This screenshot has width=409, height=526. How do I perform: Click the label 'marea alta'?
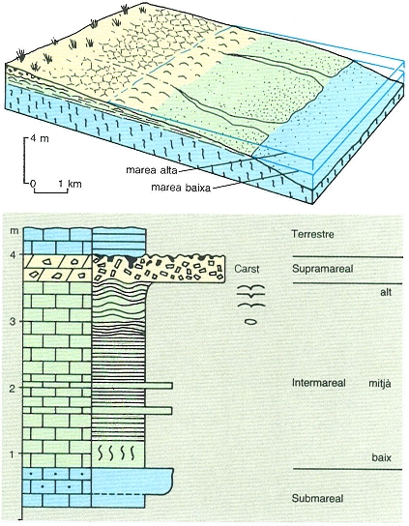[151, 170]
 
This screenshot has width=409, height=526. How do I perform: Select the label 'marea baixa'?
[181, 187]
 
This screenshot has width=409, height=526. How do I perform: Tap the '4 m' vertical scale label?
[40, 138]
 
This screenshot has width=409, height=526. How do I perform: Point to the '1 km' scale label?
[71, 184]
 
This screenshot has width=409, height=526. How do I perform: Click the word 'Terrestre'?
[312, 234]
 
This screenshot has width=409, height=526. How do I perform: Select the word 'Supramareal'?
[322, 269]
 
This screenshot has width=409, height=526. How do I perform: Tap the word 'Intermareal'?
[319, 383]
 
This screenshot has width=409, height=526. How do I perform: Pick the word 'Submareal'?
[317, 499]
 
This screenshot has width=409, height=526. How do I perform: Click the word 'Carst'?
[247, 269]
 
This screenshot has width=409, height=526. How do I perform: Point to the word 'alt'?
[386, 292]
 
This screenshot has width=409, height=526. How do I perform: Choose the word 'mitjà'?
[380, 383]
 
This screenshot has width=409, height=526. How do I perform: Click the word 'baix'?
[382, 457]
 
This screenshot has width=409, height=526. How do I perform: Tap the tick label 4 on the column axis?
[13, 255]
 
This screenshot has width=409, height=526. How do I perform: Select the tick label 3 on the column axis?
[13, 322]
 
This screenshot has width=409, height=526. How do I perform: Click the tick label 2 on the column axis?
[13, 389]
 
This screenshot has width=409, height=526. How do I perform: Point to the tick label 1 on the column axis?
[14, 454]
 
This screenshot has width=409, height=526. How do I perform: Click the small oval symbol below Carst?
[250, 322]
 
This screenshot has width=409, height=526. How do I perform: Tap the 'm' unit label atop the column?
[13, 232]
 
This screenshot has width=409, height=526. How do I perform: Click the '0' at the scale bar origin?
[33, 184]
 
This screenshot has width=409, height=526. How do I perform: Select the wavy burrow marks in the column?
[116, 453]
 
